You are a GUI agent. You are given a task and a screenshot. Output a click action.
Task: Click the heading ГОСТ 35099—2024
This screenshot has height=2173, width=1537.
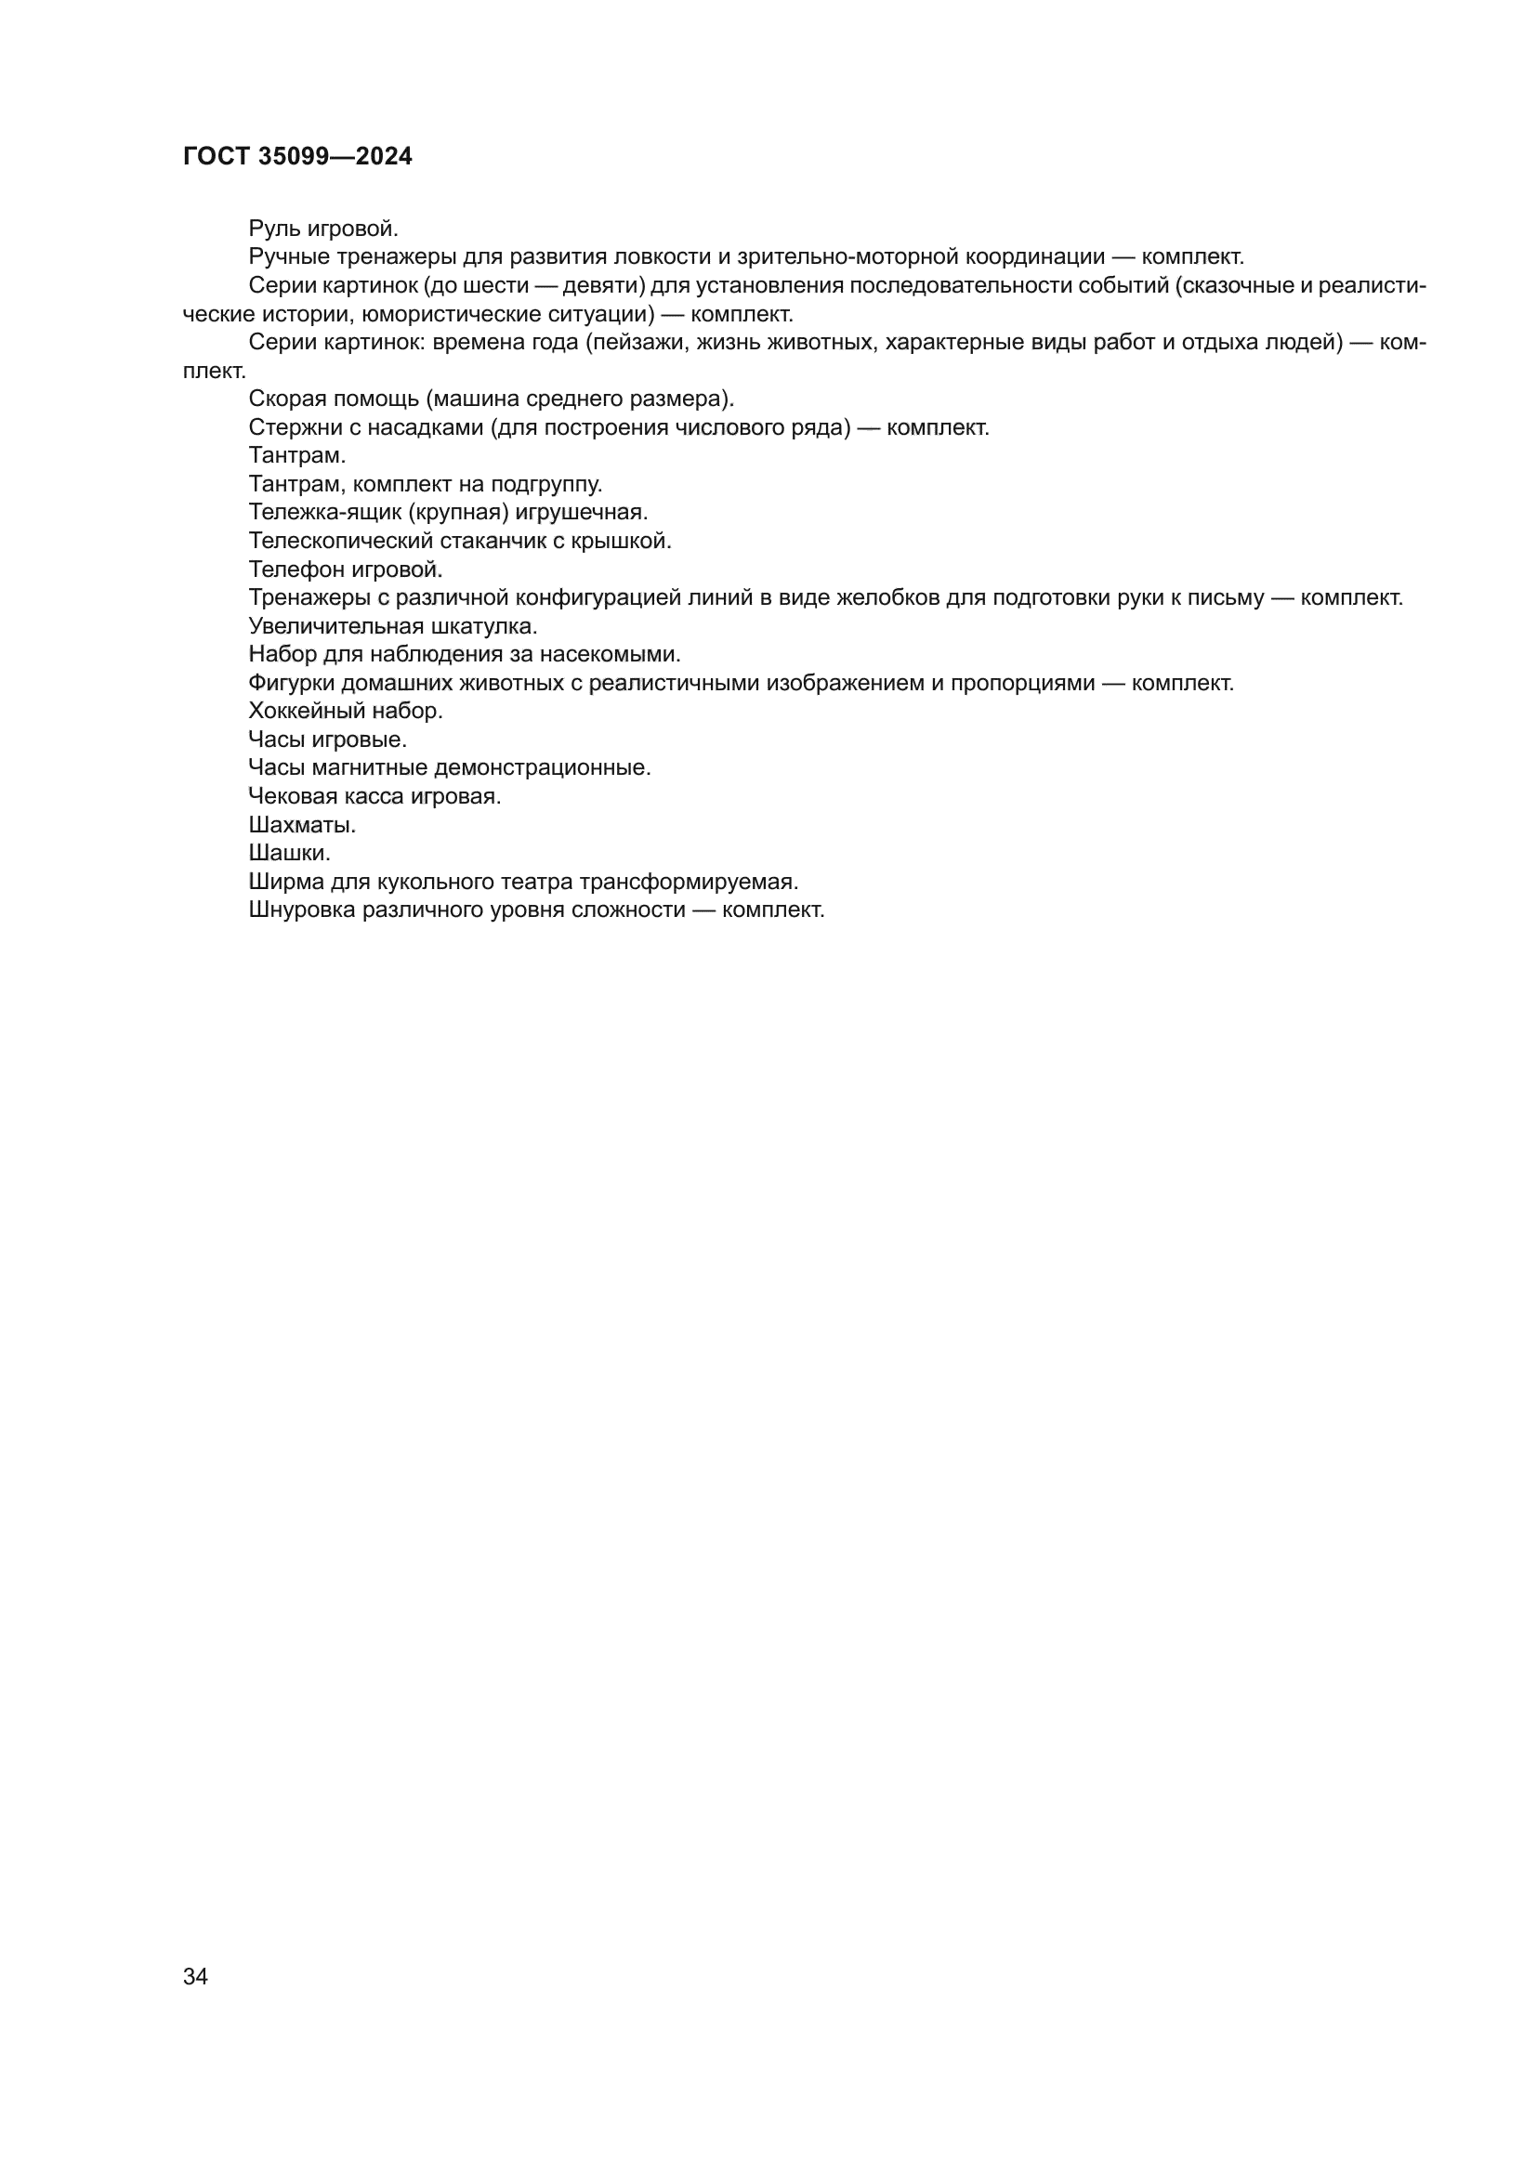point(297,156)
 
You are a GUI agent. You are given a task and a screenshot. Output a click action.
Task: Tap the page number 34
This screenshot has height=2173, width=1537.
point(195,1976)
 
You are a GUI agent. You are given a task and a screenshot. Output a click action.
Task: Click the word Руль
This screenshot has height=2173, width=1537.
point(269,229)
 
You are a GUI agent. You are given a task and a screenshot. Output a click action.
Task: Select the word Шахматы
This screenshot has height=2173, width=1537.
point(302,824)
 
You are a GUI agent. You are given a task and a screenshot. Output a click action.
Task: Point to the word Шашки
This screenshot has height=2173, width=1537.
point(290,853)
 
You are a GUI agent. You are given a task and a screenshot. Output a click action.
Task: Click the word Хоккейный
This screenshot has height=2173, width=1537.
point(306,711)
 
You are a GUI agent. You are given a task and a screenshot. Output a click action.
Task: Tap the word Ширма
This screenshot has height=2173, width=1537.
point(286,881)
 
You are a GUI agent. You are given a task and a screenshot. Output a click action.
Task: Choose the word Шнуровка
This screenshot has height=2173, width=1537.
point(302,910)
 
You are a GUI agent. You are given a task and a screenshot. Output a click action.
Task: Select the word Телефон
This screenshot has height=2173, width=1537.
point(296,569)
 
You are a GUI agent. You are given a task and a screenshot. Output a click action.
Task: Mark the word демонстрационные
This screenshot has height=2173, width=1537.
point(543,767)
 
